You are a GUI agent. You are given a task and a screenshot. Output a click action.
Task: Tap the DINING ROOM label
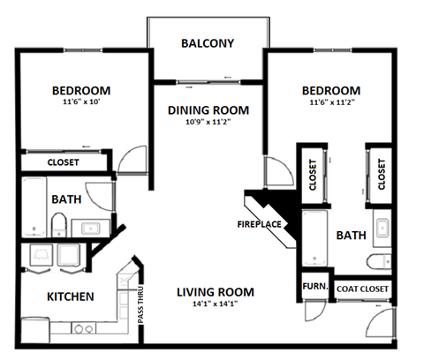pyautogui.click(x=208, y=111)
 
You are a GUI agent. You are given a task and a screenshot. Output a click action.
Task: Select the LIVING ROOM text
pyautogui.click(x=215, y=292)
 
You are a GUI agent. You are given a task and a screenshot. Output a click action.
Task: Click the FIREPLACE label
pyautogui.click(x=259, y=224)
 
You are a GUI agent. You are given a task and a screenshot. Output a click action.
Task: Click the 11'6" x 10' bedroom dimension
pyautogui.click(x=80, y=104)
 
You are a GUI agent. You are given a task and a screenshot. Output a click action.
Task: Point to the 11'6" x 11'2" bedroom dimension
pyautogui.click(x=330, y=104)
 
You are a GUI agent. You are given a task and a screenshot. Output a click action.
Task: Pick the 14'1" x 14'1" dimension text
pyautogui.click(x=215, y=305)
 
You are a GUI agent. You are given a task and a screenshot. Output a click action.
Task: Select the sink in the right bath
pyautogui.click(x=382, y=229)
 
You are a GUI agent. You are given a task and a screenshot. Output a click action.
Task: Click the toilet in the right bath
pyautogui.click(x=378, y=260)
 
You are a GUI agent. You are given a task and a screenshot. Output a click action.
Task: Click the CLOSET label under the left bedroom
pyautogui.click(x=62, y=162)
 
